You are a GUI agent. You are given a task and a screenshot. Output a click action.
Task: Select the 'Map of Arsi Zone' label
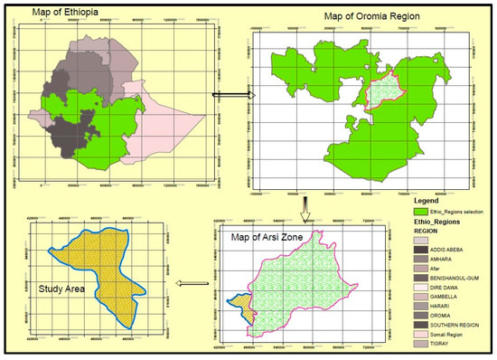[x=276, y=237]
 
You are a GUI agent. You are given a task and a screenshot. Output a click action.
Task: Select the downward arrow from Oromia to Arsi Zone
[x=308, y=204]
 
